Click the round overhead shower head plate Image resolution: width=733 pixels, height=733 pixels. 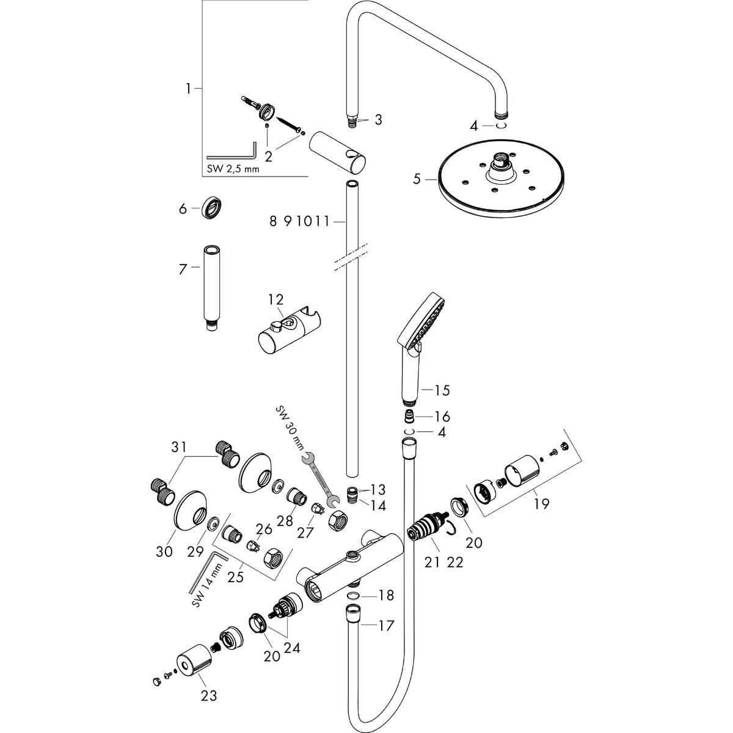498,183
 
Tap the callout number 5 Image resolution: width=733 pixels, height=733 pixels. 417,180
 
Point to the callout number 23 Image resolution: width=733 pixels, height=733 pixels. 209,695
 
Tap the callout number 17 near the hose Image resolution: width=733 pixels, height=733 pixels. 386,625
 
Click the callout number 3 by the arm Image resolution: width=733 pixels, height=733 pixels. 378,120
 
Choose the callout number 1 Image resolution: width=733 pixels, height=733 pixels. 189,89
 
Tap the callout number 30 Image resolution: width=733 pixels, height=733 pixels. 164,552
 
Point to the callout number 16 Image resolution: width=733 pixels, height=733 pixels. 442,417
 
